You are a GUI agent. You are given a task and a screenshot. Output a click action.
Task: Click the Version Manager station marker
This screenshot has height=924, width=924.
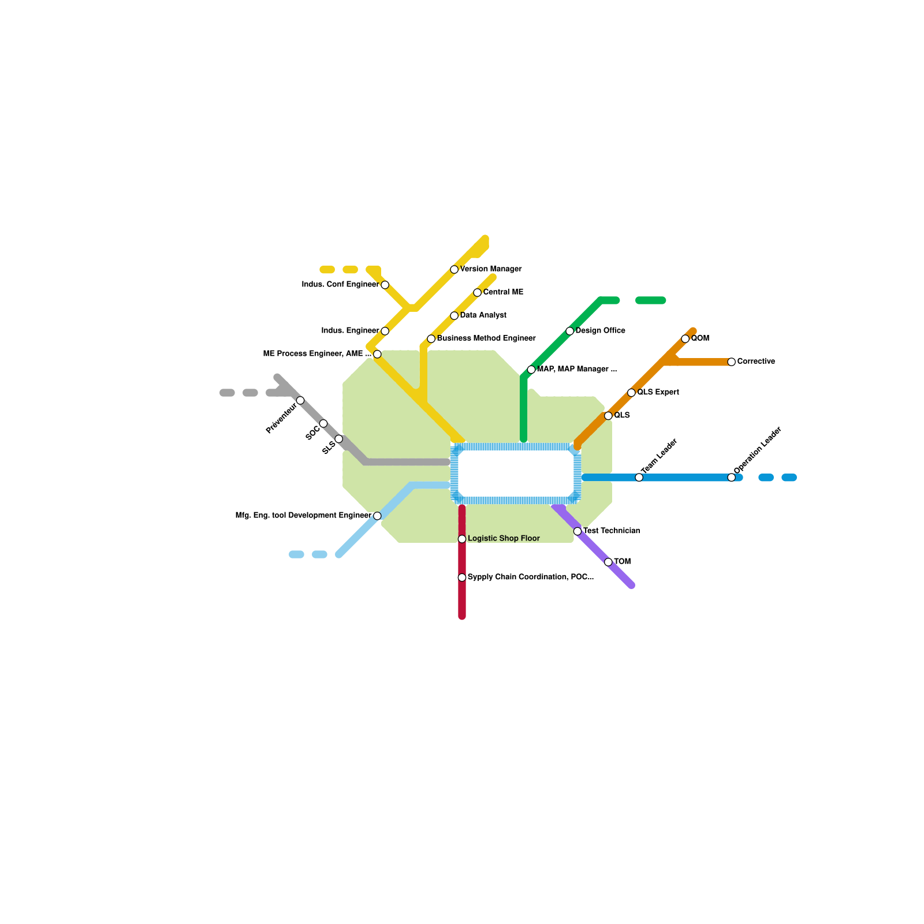click(454, 270)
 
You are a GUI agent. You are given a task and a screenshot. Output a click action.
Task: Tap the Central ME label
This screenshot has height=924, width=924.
click(503, 292)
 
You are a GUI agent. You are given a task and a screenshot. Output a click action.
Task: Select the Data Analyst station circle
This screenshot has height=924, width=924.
click(454, 316)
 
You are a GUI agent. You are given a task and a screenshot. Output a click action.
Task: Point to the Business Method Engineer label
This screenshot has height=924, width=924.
click(486, 338)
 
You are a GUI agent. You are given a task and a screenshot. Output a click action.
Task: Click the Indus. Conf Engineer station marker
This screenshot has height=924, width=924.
click(385, 285)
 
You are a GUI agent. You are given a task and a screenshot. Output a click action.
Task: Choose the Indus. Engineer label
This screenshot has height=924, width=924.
click(350, 331)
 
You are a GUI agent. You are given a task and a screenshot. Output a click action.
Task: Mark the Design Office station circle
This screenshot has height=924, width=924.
click(570, 331)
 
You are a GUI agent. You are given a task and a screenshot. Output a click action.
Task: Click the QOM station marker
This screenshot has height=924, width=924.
click(685, 339)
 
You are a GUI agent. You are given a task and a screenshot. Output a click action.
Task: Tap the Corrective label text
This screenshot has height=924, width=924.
click(756, 362)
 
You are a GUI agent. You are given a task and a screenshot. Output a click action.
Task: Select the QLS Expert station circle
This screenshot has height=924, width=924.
click(631, 393)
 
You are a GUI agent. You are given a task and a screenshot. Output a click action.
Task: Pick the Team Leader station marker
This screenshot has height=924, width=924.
click(639, 477)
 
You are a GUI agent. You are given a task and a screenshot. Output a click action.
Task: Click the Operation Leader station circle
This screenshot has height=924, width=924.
click(731, 477)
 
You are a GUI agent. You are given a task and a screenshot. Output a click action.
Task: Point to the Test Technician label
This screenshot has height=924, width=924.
click(612, 531)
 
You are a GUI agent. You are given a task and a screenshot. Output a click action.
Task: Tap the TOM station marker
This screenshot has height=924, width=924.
click(608, 562)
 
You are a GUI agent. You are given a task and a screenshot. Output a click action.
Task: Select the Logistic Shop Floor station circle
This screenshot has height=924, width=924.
click(462, 539)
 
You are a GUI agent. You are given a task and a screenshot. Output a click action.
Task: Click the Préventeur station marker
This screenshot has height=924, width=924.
click(300, 400)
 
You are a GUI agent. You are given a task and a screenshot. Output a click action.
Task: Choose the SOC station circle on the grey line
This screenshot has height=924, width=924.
click(323, 423)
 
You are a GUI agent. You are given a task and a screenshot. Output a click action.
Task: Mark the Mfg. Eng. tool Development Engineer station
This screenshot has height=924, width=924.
click(377, 516)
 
